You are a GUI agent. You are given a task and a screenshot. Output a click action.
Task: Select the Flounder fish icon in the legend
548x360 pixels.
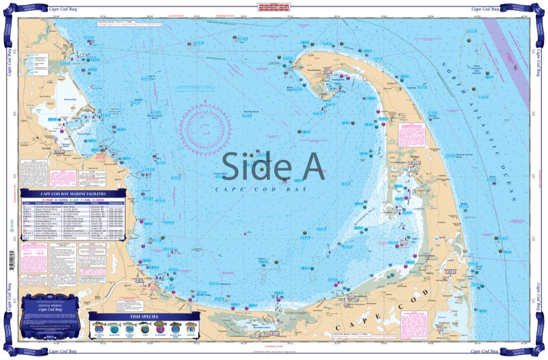click(x=160, y=328)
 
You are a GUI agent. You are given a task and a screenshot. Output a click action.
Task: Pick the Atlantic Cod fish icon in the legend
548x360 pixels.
click(x=100, y=328)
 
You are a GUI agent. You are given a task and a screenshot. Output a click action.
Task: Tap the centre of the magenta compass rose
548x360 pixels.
click(x=206, y=129)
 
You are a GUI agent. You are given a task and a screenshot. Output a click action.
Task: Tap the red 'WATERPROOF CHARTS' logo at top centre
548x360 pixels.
click(x=274, y=8)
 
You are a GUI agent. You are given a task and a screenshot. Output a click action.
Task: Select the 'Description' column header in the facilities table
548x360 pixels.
click(x=48, y=203)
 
